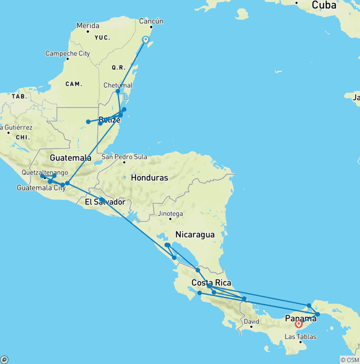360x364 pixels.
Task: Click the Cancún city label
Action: point(151,21)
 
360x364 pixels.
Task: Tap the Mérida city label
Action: point(88,25)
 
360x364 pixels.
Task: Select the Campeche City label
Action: point(67,53)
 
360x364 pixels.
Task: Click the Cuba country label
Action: point(324,5)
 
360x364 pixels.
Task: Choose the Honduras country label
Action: point(149,178)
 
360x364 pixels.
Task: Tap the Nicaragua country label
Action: point(195,235)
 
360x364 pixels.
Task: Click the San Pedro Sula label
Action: point(124,157)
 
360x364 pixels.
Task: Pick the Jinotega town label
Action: point(170,213)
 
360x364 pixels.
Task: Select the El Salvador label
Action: point(105,202)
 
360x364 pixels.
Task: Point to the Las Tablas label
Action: point(300,336)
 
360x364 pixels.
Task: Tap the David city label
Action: point(251,322)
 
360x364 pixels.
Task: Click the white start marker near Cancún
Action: point(146,40)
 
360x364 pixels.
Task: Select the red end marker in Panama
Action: point(299,324)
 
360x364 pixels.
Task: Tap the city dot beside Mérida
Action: point(88,31)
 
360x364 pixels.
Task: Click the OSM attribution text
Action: point(350,360)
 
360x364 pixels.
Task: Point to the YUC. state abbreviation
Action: point(102,38)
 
